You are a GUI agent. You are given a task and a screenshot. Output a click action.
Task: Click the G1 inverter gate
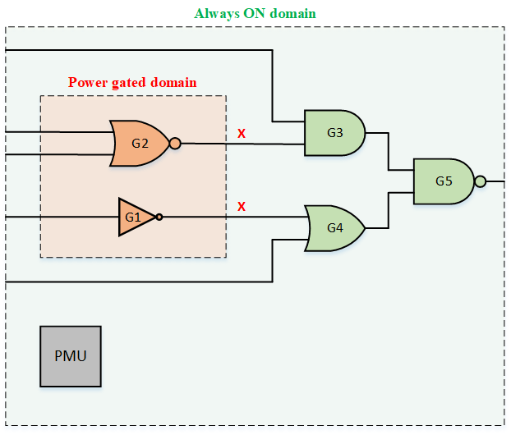coord(135,217)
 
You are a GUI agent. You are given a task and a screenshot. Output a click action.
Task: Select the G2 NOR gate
coord(140,143)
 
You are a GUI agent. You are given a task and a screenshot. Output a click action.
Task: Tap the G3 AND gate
coord(334,132)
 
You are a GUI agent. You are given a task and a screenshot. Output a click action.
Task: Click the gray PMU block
coord(71,356)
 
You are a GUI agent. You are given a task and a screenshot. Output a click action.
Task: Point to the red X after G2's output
coord(242,133)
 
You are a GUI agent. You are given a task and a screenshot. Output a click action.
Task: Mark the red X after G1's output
coord(242,207)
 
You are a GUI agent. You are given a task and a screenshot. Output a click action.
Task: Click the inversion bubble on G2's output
coord(175,143)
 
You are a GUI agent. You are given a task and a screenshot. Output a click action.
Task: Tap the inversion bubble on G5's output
coord(481,181)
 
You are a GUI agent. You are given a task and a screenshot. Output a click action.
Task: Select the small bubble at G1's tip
coord(159,217)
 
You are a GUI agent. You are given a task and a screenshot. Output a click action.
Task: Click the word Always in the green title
coord(215,14)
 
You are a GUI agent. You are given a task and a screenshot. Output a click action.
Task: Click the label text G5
coord(444,181)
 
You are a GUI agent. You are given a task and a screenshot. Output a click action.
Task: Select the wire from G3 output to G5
coord(389,152)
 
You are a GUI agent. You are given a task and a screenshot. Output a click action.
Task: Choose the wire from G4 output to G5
coord(389,210)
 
